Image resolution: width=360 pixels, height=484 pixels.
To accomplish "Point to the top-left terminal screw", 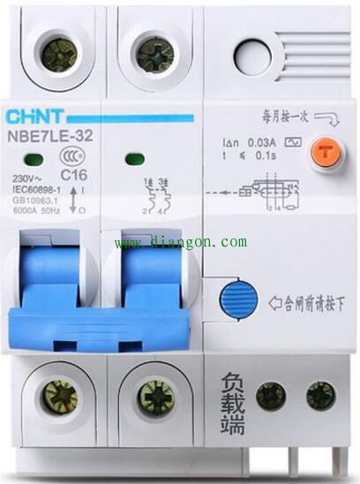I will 60,54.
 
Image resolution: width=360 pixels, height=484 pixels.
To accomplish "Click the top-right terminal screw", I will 155,54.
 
